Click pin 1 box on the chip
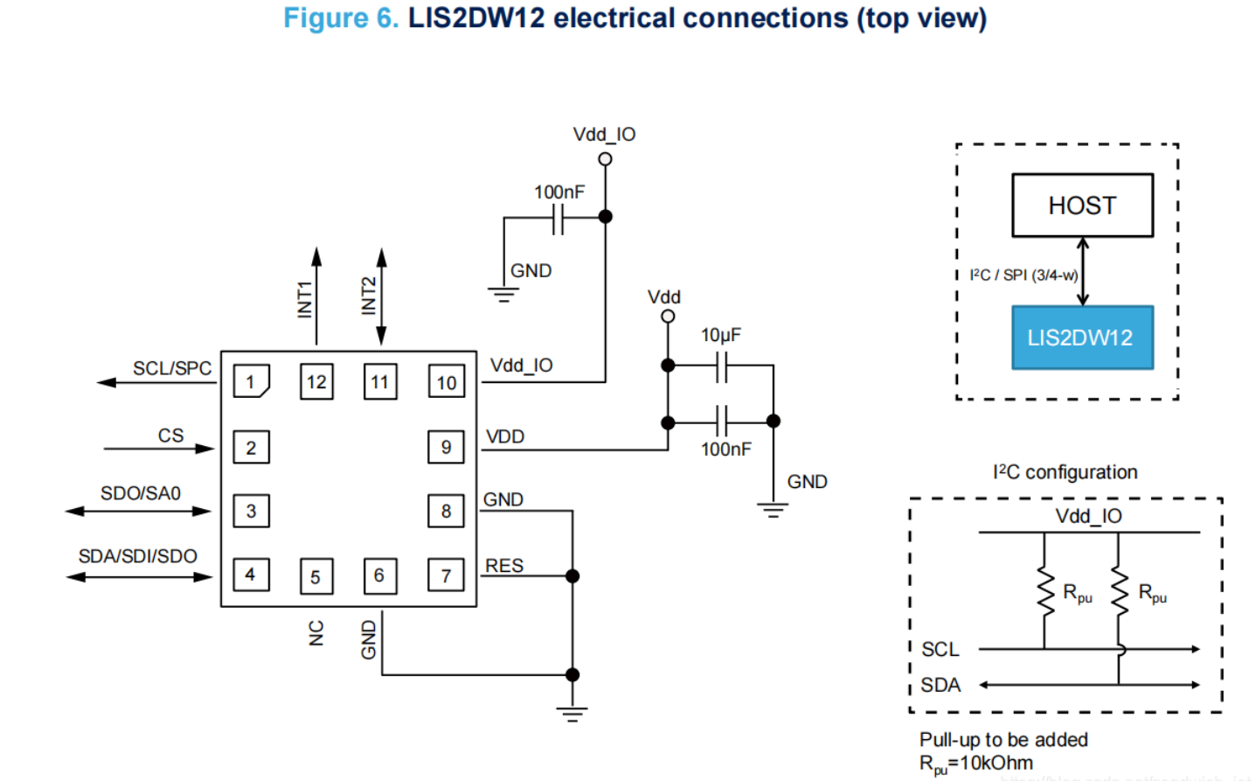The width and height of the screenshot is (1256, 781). click(251, 381)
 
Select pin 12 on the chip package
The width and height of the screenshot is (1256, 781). click(316, 381)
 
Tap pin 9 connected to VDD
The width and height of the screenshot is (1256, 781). click(446, 447)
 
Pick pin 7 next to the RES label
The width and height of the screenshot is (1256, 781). click(446, 575)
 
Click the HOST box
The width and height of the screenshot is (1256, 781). click(1082, 206)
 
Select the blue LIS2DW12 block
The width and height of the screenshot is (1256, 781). click(1082, 338)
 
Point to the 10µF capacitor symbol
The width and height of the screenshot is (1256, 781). click(721, 366)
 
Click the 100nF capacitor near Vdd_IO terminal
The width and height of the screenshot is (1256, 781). click(559, 218)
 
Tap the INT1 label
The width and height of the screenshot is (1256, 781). click(304, 299)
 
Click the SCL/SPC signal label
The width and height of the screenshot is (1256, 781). click(172, 368)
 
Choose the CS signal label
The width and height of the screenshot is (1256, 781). click(170, 436)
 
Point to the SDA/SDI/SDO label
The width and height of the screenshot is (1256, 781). click(138, 556)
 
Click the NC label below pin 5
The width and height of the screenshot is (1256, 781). click(316, 633)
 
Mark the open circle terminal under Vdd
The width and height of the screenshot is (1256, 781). click(668, 317)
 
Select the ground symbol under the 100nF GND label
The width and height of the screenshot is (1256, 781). click(503, 295)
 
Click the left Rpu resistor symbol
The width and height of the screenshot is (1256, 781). click(1044, 591)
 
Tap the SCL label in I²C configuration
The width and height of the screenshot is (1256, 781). click(940, 649)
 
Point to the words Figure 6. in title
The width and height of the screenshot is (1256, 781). click(341, 18)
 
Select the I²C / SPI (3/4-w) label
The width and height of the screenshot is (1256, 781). click(1024, 275)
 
